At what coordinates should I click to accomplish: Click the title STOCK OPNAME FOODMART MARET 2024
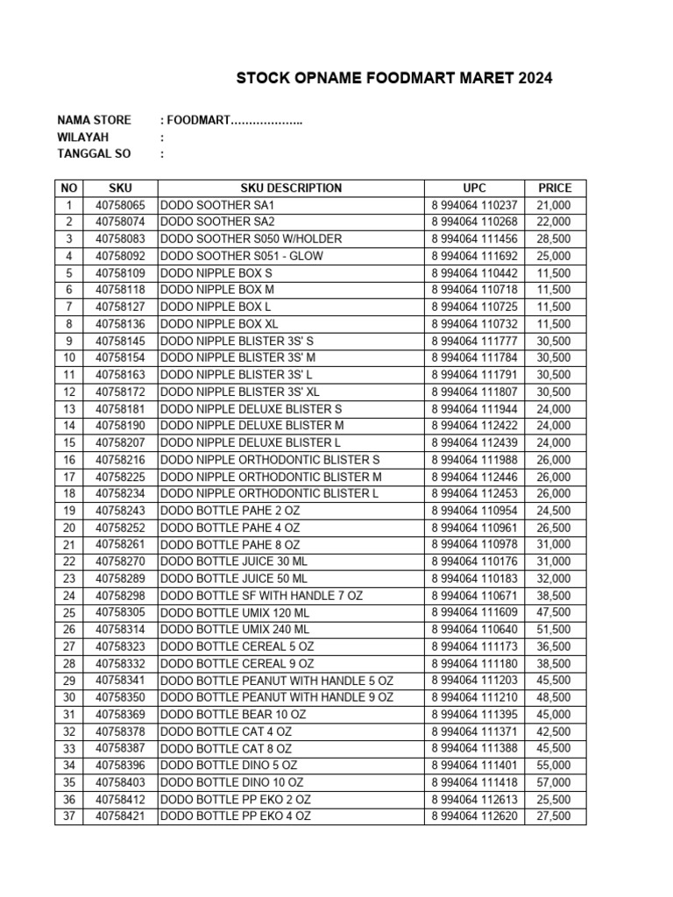tap(394, 79)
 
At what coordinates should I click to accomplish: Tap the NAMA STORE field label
tap(94, 120)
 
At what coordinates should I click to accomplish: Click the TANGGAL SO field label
tap(94, 154)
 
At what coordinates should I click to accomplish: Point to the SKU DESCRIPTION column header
tap(291, 187)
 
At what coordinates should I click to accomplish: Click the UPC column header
tap(474, 187)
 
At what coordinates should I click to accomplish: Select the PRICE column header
tap(555, 187)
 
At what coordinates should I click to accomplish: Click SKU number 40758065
tap(120, 205)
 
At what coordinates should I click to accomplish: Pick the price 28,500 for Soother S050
tap(554, 239)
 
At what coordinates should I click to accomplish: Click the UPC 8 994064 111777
tap(474, 341)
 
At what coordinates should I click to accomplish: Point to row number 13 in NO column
tap(69, 409)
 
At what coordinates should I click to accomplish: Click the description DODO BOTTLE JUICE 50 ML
tap(234, 579)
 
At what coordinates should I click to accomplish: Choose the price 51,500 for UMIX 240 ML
tap(554, 630)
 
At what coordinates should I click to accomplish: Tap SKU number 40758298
tap(120, 596)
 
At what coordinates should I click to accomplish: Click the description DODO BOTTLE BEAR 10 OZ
tap(233, 715)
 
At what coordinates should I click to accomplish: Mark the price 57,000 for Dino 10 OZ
tap(554, 782)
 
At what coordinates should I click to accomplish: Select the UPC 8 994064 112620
tap(474, 816)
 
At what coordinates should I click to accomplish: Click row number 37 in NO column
tap(69, 816)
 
